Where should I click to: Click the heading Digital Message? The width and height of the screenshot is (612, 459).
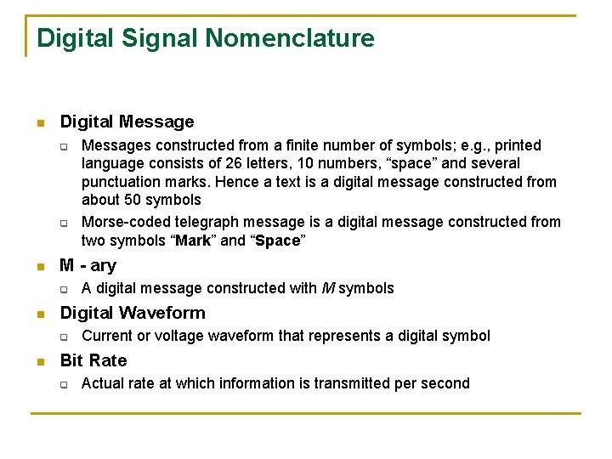pos(127,122)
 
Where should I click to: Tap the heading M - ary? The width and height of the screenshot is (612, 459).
pos(88,265)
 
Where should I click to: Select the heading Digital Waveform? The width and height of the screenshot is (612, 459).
pos(133,312)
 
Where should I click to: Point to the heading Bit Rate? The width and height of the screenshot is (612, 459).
pos(93,360)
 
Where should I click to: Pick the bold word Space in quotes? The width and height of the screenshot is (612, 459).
pos(277,241)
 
